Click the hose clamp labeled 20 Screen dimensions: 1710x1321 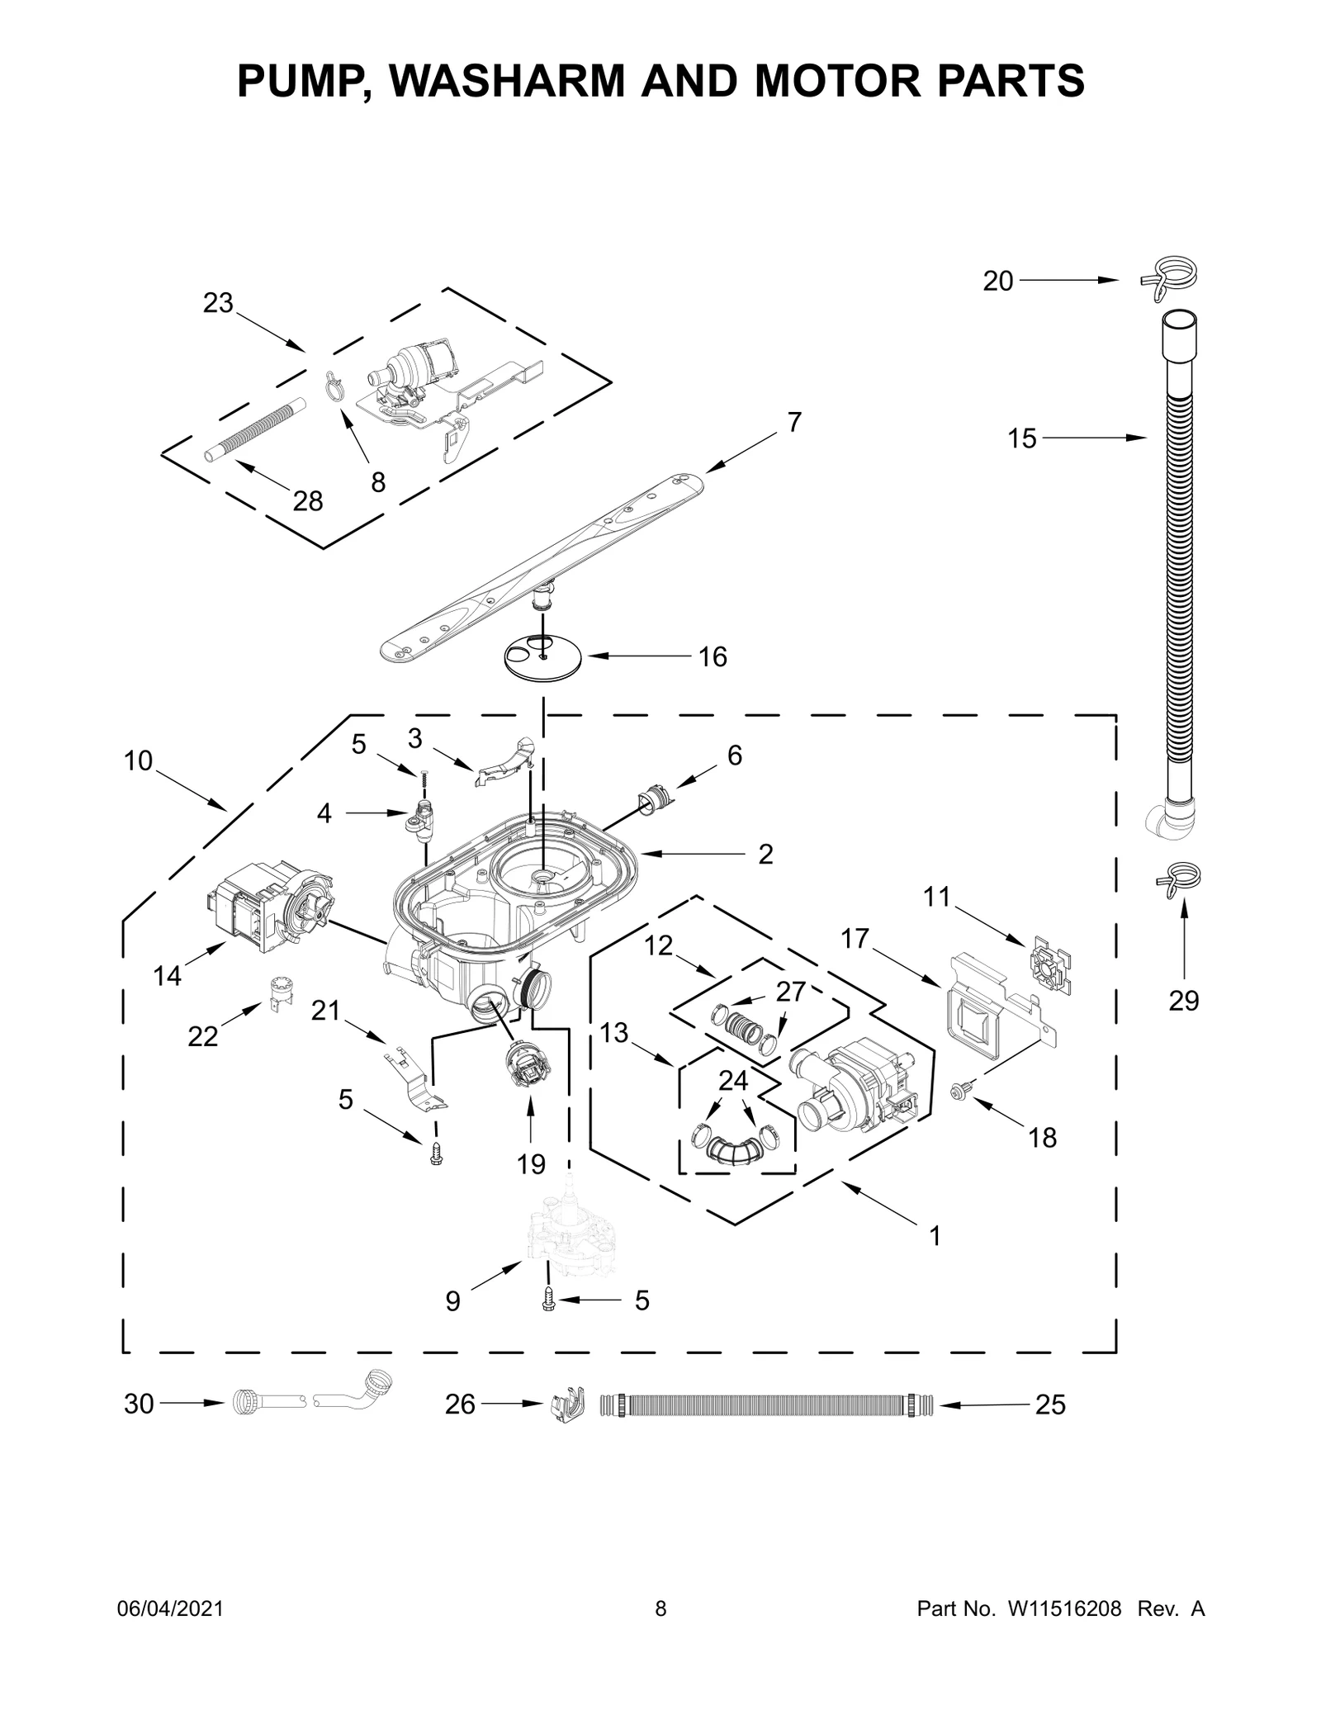(1169, 277)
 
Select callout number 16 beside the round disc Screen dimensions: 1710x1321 (713, 657)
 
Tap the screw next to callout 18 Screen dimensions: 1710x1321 (961, 1092)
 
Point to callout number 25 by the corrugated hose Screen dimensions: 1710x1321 (1050, 1404)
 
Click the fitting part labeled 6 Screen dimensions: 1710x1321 (654, 800)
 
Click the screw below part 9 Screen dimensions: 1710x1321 (547, 1300)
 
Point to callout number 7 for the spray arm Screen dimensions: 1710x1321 (793, 423)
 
